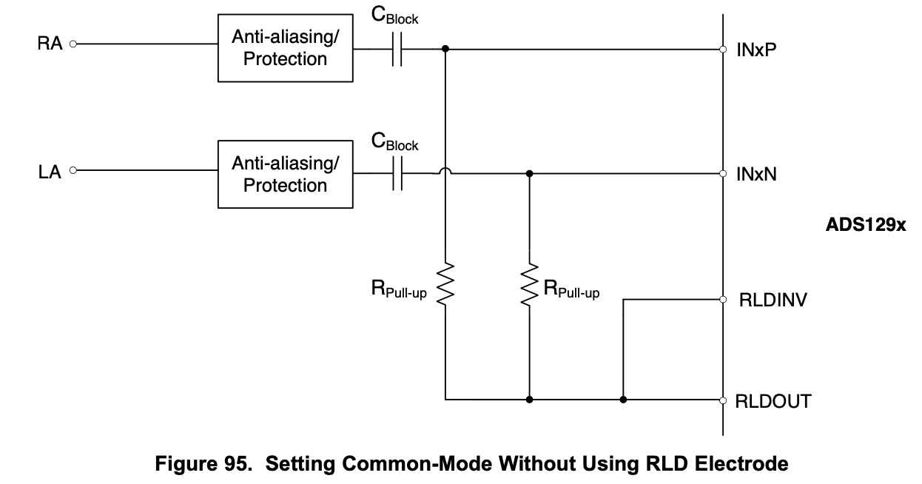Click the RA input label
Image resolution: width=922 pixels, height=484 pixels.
(50, 44)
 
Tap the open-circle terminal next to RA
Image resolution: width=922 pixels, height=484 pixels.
(73, 44)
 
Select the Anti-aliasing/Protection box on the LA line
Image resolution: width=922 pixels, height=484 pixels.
(285, 174)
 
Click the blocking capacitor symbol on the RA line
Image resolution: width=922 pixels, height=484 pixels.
(397, 50)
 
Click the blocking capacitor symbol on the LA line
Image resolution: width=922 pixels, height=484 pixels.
(397, 174)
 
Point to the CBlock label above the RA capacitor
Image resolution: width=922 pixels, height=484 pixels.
(394, 16)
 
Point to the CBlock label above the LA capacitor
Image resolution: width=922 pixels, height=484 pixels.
(394, 142)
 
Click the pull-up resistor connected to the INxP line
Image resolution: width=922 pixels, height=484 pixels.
(445, 283)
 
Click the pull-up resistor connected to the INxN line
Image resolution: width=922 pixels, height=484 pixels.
(529, 283)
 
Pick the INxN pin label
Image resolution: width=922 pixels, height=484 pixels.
(756, 175)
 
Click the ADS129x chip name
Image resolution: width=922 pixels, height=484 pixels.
(865, 225)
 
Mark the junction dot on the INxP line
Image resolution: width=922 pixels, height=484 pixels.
(445, 50)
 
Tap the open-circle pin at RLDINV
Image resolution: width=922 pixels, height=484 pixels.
(722, 300)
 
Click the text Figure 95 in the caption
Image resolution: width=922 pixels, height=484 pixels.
(199, 464)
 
